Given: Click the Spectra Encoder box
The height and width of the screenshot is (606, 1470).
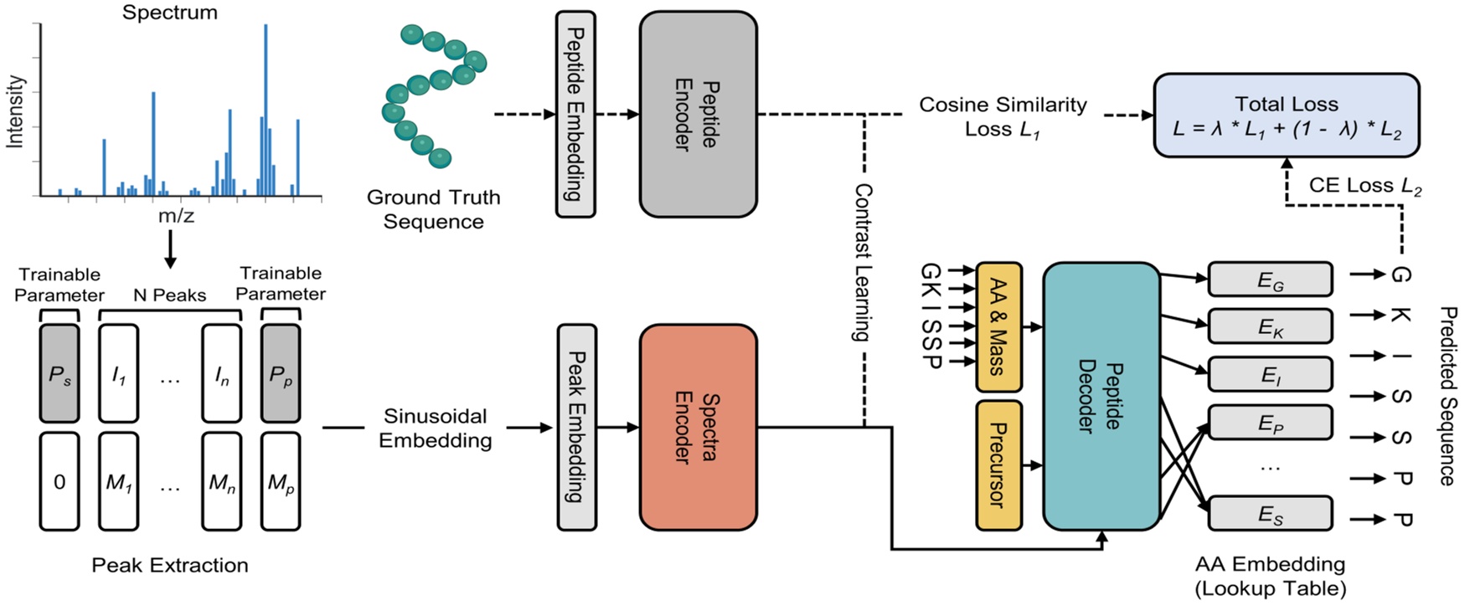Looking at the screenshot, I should pyautogui.click(x=698, y=427).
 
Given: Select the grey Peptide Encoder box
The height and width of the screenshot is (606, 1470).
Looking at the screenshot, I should pyautogui.click(x=698, y=115).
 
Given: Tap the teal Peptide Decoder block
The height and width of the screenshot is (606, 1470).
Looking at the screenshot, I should pyautogui.click(x=1101, y=396).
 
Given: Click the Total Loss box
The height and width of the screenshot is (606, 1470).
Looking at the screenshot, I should pyautogui.click(x=1286, y=116).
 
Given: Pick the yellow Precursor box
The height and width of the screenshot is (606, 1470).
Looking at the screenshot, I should pyautogui.click(x=998, y=465).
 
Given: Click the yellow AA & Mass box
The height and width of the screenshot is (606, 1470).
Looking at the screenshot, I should pyautogui.click(x=998, y=326).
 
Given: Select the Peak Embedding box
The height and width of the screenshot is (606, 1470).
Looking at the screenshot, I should pyautogui.click(x=576, y=427).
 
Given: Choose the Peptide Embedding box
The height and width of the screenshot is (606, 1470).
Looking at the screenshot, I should pyautogui.click(x=576, y=115).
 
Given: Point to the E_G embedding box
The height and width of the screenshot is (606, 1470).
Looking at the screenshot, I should pyautogui.click(x=1270, y=280).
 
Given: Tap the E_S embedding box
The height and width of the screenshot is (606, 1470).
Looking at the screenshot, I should pyautogui.click(x=1270, y=513).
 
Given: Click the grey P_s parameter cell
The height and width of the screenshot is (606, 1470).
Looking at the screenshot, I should pyautogui.click(x=59, y=373).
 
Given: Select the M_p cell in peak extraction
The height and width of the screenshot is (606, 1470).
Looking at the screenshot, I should pyautogui.click(x=281, y=481).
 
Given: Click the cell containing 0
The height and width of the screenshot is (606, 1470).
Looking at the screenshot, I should pyautogui.click(x=59, y=481).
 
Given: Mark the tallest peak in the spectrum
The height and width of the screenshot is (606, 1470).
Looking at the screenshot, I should pyautogui.click(x=266, y=109).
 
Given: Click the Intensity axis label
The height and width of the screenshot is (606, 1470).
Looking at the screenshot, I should pyautogui.click(x=15, y=111).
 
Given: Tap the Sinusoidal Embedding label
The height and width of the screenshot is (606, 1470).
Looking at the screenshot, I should pyautogui.click(x=435, y=428).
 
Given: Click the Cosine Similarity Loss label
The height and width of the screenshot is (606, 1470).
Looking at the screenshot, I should pyautogui.click(x=1002, y=116).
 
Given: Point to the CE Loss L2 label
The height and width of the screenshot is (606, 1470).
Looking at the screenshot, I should pyautogui.click(x=1364, y=186).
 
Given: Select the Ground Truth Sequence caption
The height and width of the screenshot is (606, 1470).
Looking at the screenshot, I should pyautogui.click(x=433, y=209).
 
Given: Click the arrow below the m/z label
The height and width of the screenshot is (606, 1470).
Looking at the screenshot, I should pyautogui.click(x=170, y=249).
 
